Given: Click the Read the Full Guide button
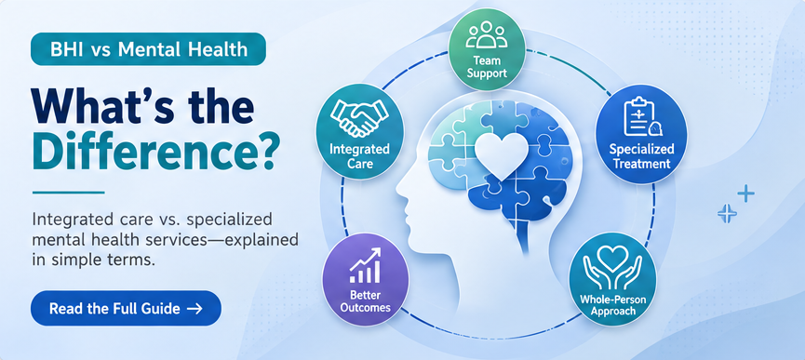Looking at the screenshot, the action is (126, 308).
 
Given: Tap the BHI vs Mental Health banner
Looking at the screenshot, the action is (148, 49).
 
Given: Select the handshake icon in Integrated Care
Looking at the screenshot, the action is (359, 117).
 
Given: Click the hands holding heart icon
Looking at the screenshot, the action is (612, 271).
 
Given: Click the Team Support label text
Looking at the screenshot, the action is (487, 67).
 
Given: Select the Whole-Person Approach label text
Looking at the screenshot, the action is (612, 304).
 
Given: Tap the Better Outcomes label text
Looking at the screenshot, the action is (365, 301).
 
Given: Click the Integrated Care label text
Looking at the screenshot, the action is (359, 157).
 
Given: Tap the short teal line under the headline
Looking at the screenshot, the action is (68, 193).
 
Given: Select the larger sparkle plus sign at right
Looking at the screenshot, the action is (745, 193).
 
